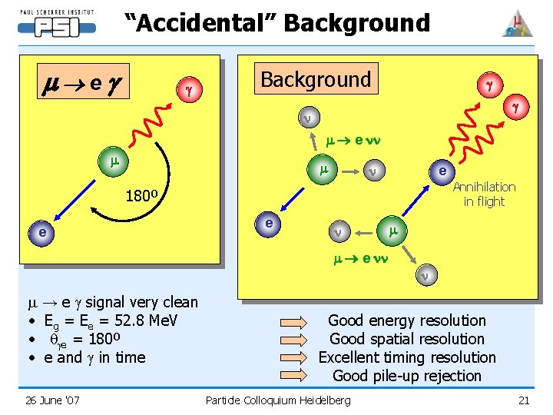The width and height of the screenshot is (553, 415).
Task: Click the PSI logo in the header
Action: tap(56, 22)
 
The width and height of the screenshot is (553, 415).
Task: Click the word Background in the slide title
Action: tap(356, 23)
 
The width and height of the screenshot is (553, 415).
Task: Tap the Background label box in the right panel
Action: tap(316, 79)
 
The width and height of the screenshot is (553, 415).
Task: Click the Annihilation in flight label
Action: tap(484, 194)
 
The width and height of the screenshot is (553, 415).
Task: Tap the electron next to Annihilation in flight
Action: tap(442, 171)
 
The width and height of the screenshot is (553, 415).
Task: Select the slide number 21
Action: tap(524, 400)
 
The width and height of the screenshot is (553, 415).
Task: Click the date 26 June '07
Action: tap(51, 400)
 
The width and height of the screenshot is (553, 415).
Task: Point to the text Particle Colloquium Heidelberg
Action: tap(278, 400)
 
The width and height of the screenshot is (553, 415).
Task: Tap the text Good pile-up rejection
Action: tap(407, 376)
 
